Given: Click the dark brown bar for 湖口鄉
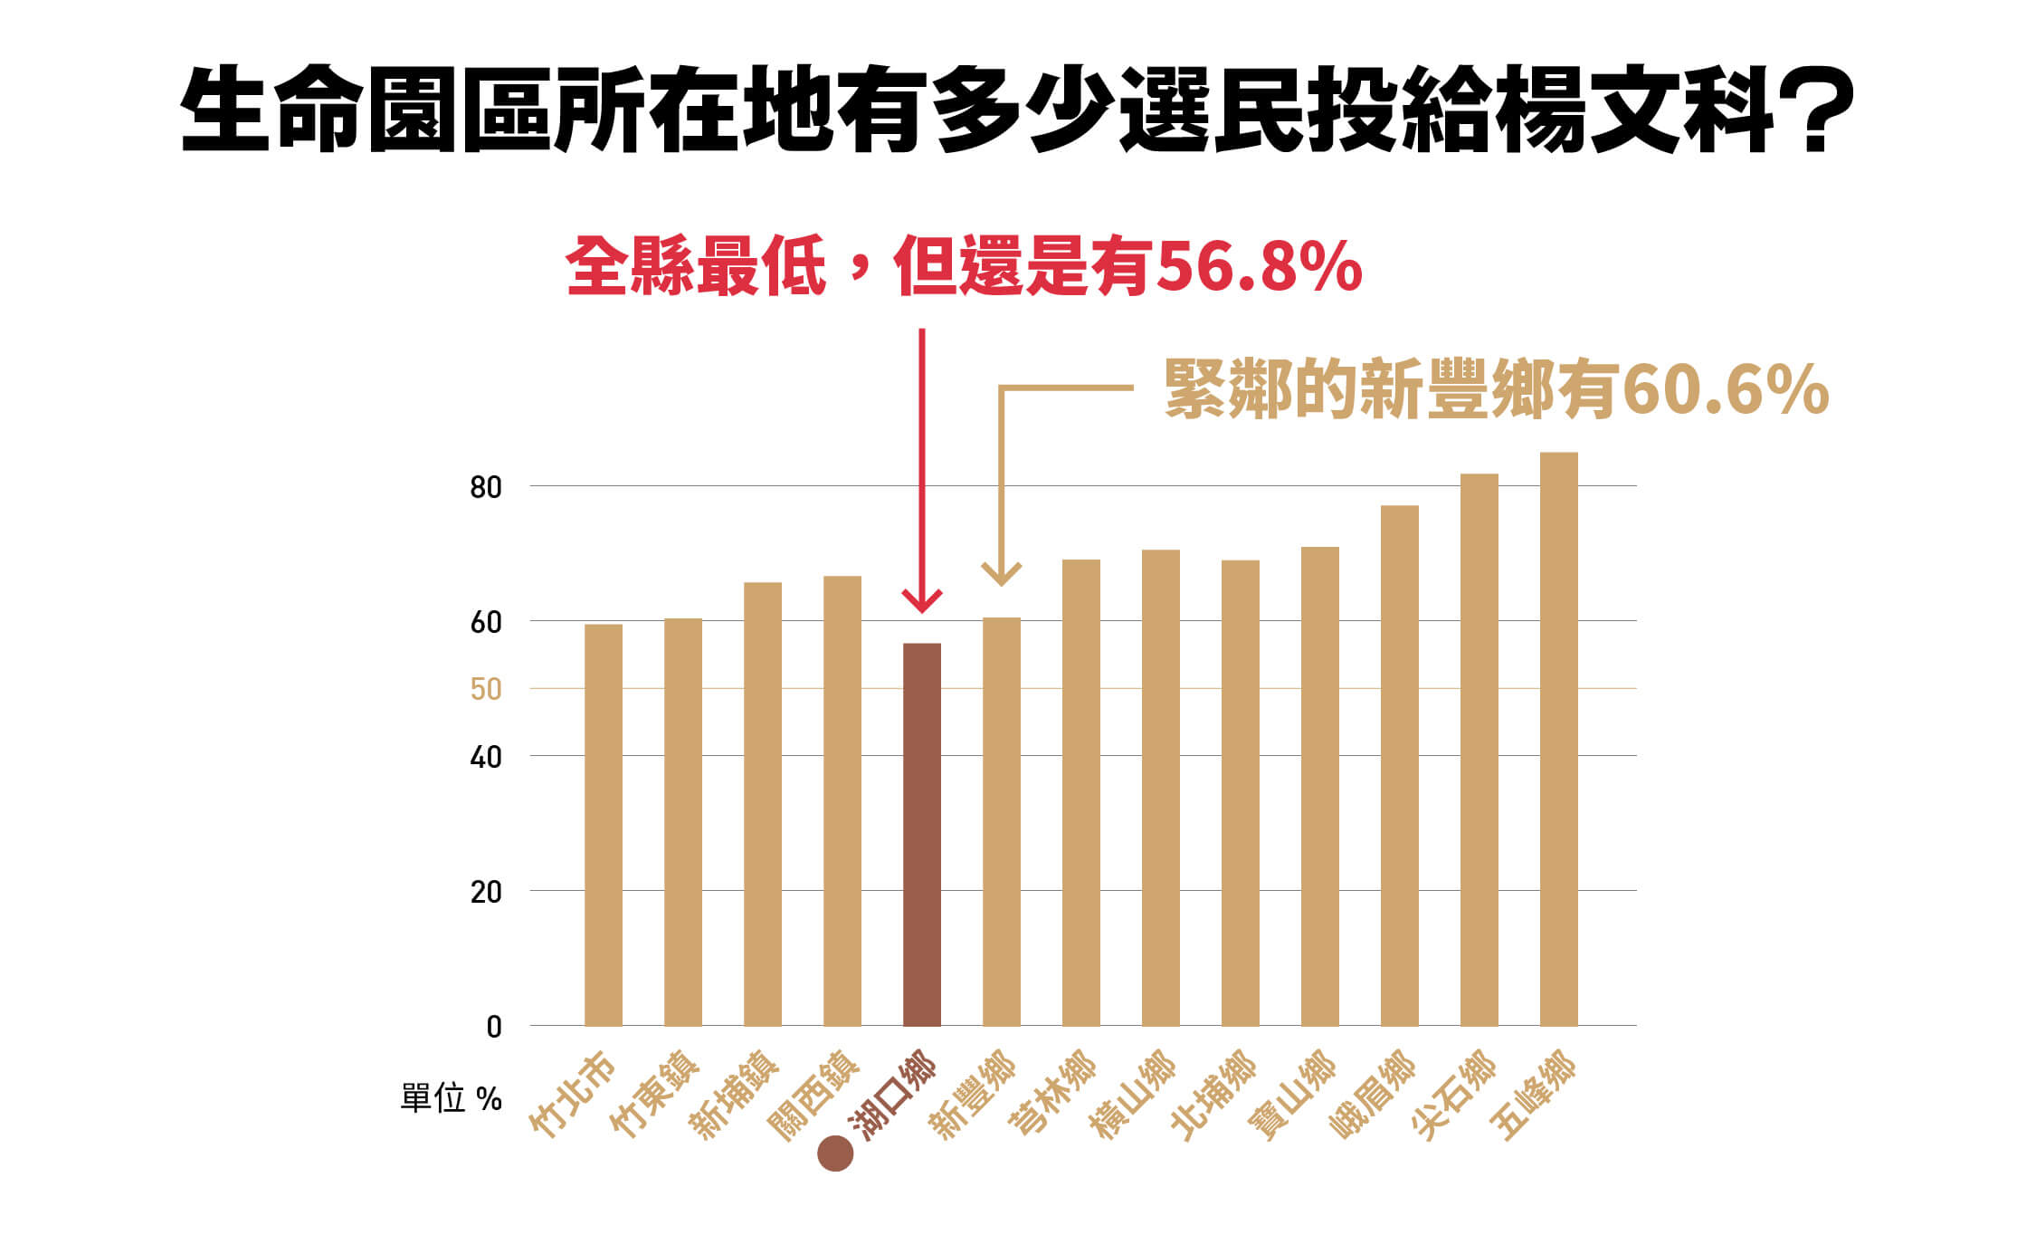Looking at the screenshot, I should [921, 833].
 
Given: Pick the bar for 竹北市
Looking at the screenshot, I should [603, 824].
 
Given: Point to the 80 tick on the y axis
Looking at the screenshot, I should [485, 488].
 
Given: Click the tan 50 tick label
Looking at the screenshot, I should [485, 690].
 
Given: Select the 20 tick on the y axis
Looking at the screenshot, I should [485, 893].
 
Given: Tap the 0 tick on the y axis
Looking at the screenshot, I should [493, 1028].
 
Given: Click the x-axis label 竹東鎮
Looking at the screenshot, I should [654, 1095].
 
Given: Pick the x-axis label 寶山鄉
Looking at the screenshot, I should [1291, 1095].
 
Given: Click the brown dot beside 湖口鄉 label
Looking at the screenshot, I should [834, 1154].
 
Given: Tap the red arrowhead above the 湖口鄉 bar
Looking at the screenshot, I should [922, 601].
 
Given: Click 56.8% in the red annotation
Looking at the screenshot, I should [1259, 267].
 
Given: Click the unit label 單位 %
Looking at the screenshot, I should [451, 1099].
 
